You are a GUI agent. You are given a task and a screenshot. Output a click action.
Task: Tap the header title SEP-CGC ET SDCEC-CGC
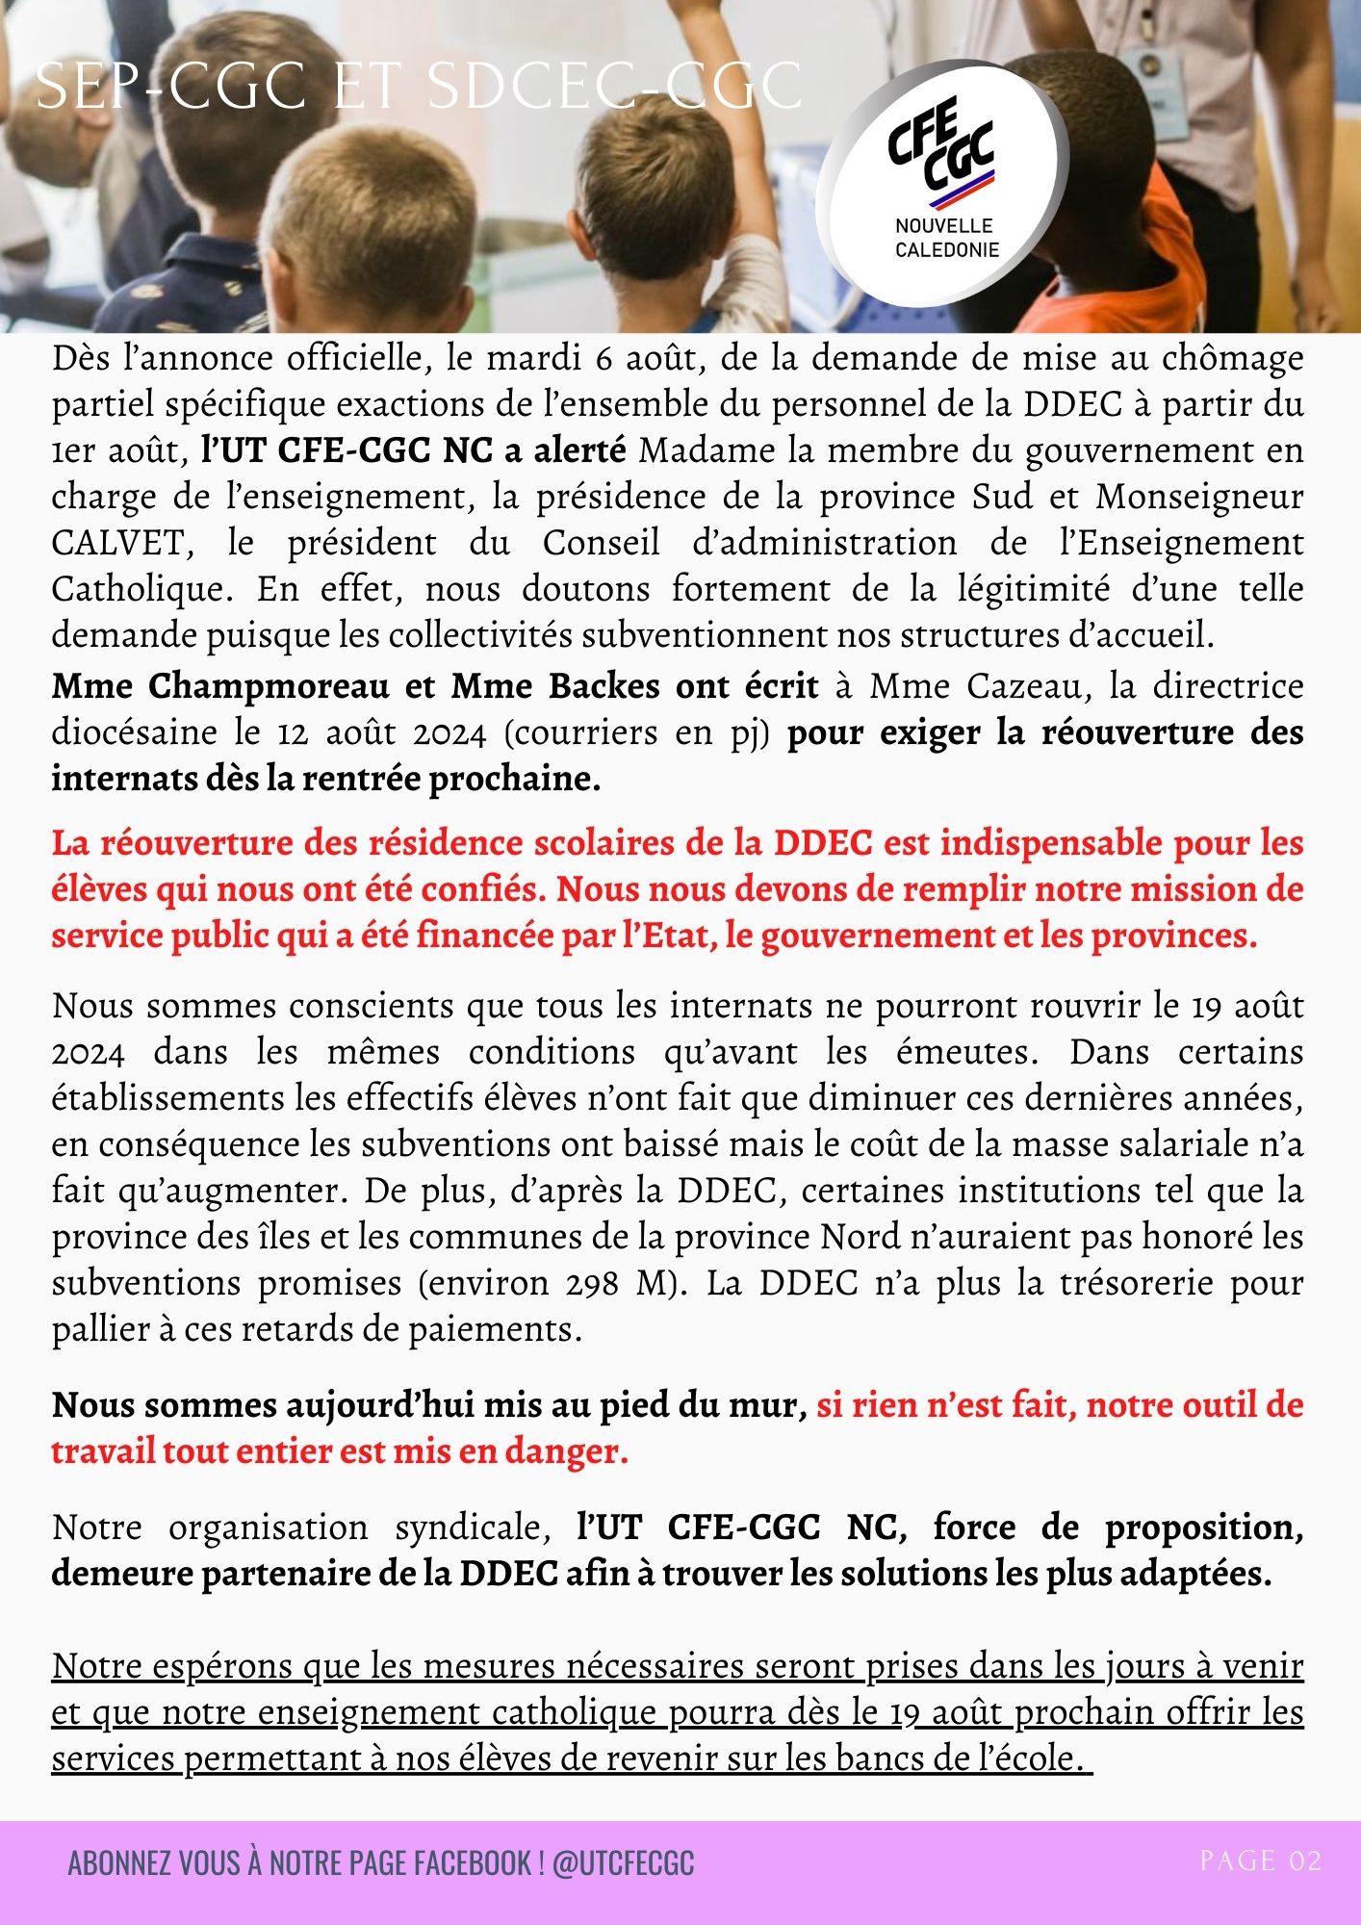(419, 87)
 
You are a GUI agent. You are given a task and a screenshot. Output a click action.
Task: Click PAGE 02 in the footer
(1260, 1861)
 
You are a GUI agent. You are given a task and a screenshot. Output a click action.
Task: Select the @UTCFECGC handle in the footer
(624, 1863)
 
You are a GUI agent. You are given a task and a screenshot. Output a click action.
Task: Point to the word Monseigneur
(1199, 498)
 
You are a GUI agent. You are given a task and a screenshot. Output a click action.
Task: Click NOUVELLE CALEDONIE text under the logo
(945, 238)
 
